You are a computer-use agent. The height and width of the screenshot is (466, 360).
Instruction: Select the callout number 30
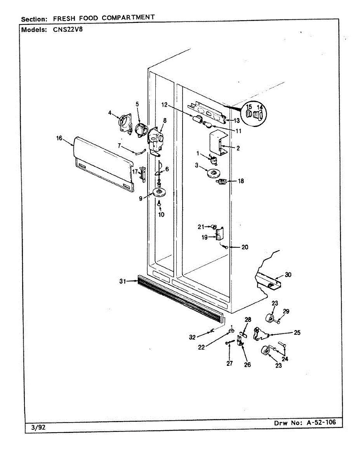coord(288,275)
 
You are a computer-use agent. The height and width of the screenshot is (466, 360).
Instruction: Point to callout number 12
coord(164,105)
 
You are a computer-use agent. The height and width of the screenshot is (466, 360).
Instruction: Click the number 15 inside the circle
coord(249,107)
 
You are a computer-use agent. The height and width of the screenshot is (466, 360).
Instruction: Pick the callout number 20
coord(245,247)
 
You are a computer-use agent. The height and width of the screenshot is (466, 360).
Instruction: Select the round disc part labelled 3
coord(212,174)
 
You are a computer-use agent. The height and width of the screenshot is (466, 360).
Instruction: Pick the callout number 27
coord(230,363)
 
